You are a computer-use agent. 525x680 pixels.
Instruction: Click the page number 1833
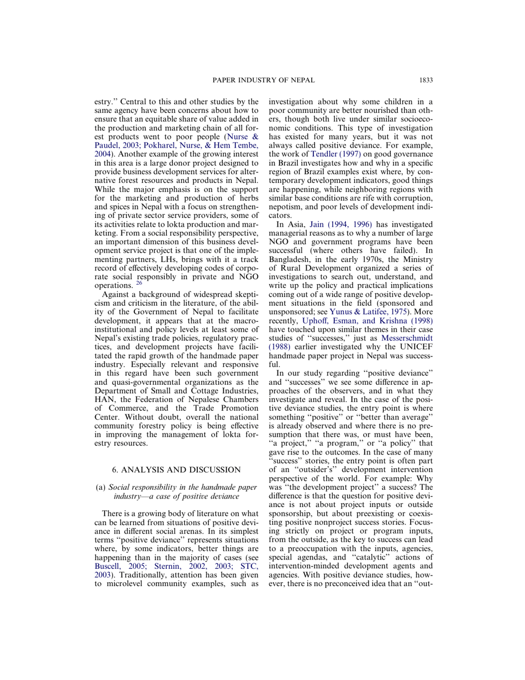(x=425, y=80)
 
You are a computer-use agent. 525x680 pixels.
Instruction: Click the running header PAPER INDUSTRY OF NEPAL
(x=263, y=80)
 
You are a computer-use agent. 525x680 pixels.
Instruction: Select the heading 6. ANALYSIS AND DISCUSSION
(x=176, y=469)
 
